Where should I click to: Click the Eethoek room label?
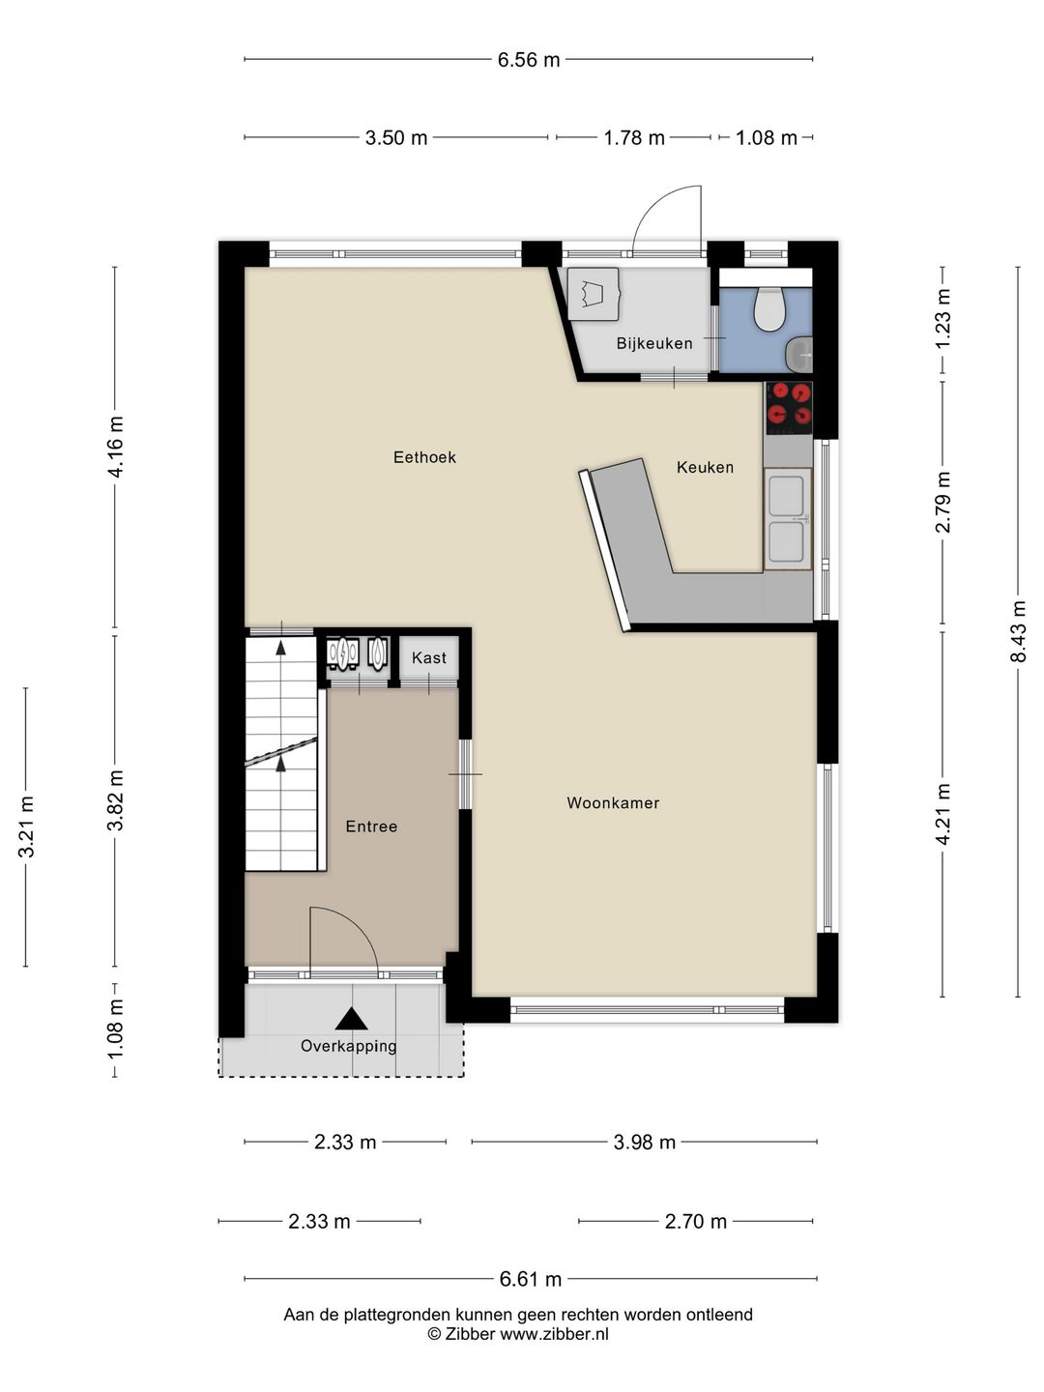(424, 457)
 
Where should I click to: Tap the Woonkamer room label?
(613, 803)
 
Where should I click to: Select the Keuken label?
(705, 467)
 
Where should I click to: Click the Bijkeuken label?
(654, 343)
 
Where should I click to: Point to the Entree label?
(371, 826)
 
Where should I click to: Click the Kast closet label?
(429, 658)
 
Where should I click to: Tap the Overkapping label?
(348, 1046)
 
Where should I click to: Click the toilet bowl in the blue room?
(768, 307)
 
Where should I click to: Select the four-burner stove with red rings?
(789, 406)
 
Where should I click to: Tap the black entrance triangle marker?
(351, 1019)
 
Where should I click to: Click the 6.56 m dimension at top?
(529, 60)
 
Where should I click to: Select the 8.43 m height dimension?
(1018, 631)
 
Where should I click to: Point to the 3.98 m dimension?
(644, 1143)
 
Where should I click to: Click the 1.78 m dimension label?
(634, 138)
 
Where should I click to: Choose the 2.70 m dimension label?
(695, 1222)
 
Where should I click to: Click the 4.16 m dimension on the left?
(115, 446)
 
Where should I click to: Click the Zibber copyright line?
(518, 1334)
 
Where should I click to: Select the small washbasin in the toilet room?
(800, 355)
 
